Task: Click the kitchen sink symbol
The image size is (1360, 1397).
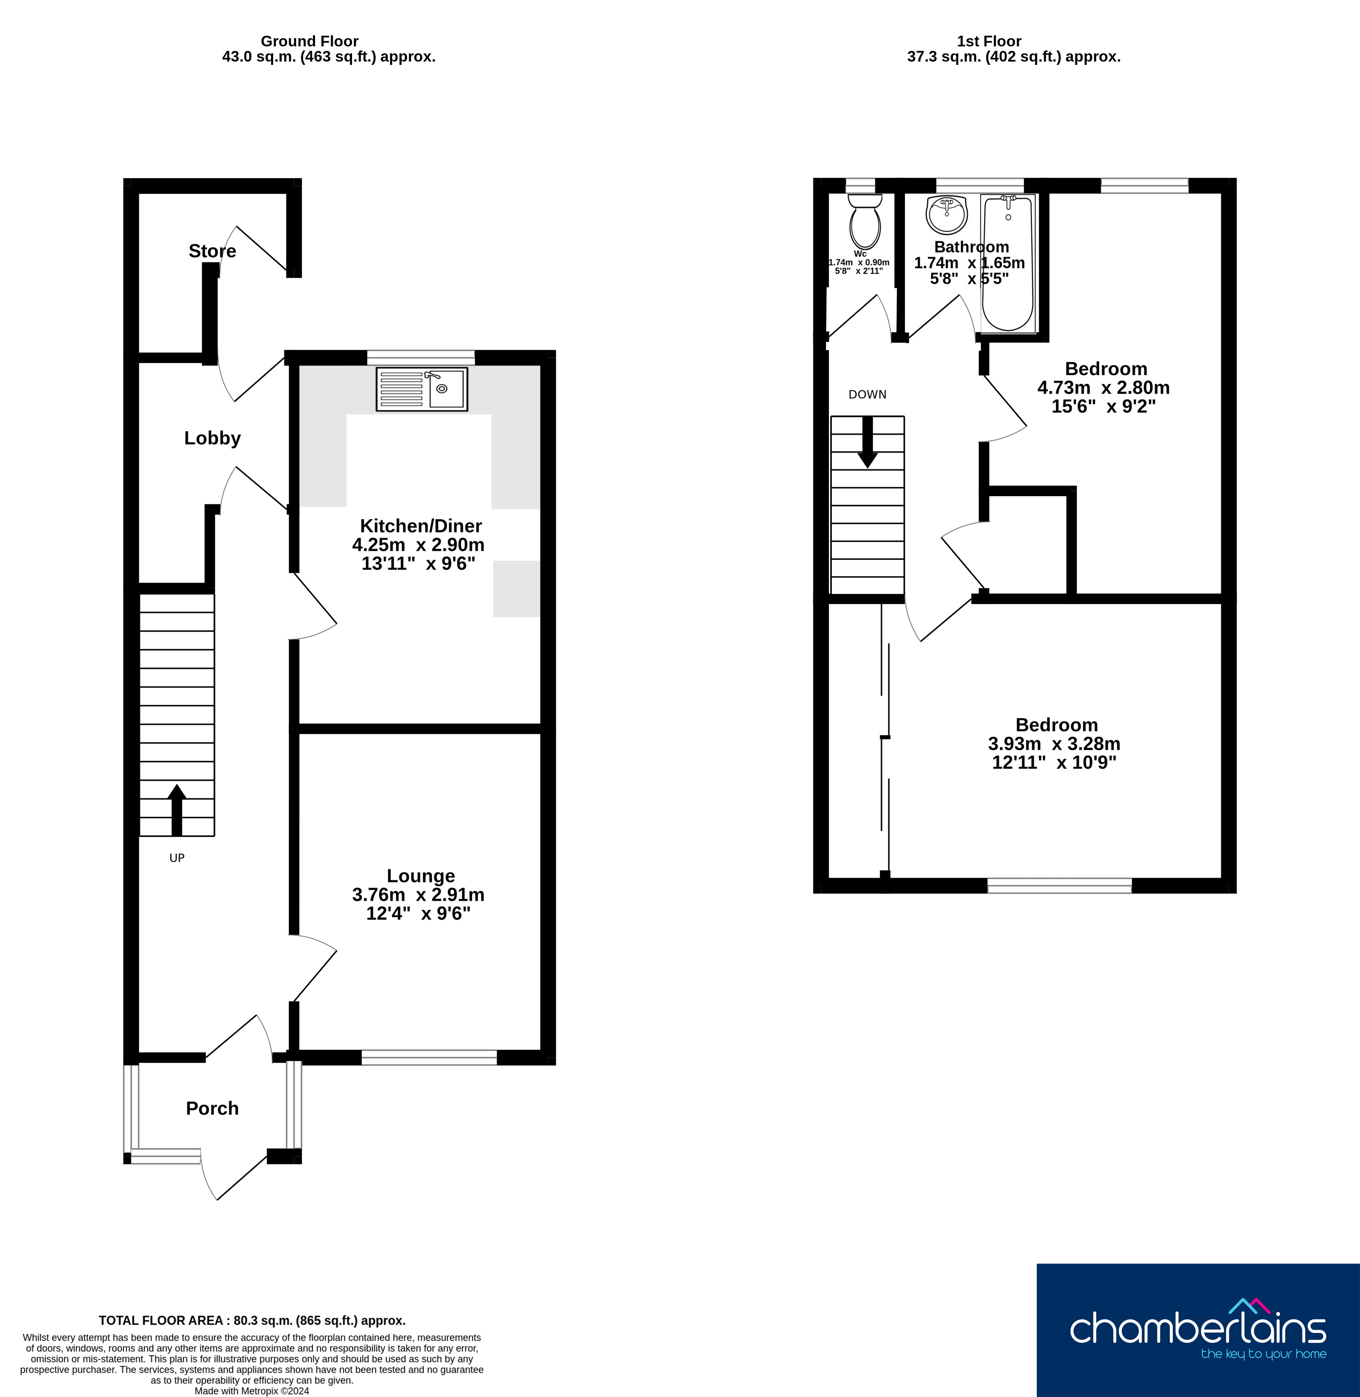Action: [421, 389]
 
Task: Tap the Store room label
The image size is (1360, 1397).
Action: [212, 251]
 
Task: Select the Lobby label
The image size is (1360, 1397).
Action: [212, 438]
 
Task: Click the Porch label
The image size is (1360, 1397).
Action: [212, 1108]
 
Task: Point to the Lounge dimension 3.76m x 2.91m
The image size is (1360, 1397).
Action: [419, 894]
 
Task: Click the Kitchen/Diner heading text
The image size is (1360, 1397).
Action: [421, 526]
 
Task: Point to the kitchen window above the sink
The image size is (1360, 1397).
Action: [421, 357]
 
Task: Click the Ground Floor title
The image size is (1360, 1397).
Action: [309, 41]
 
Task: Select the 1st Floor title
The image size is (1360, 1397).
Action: [989, 41]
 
